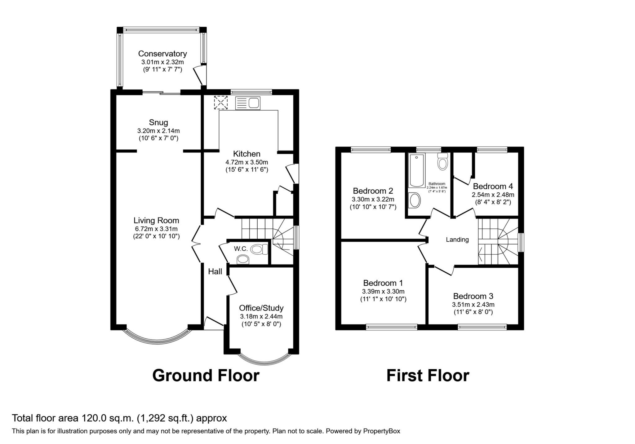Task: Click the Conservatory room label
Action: tap(162, 54)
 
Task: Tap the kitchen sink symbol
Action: tap(248, 103)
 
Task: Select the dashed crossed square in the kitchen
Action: tap(220, 103)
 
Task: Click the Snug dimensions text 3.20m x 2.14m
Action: tap(158, 131)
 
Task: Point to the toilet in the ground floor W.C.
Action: tap(259, 249)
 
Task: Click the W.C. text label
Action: tap(241, 248)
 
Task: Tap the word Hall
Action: tap(215, 271)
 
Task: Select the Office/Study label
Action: tap(261, 308)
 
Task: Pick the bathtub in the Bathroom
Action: tap(416, 170)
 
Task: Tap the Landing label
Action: tap(457, 240)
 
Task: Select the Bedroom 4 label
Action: tap(493, 186)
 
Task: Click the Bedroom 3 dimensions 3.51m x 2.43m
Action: tap(473, 305)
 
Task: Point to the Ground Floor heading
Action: tap(206, 376)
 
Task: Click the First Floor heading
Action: tap(428, 376)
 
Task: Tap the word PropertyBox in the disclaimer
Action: tap(381, 431)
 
